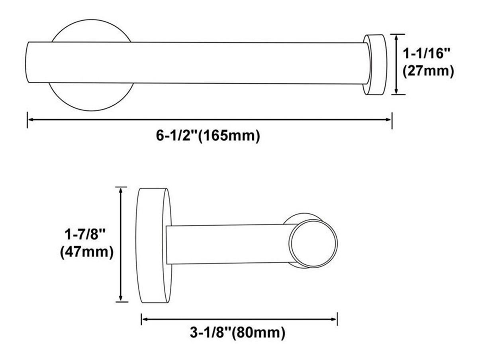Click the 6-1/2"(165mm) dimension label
tap(208, 136)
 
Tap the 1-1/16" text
tap(426, 53)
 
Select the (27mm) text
tap(428, 71)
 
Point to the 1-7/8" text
tap(85, 234)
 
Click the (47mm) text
tap(87, 252)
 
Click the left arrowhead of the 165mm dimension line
tap(31, 120)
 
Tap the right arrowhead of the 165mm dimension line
tap(388, 120)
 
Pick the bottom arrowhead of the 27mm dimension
tap(396, 90)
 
